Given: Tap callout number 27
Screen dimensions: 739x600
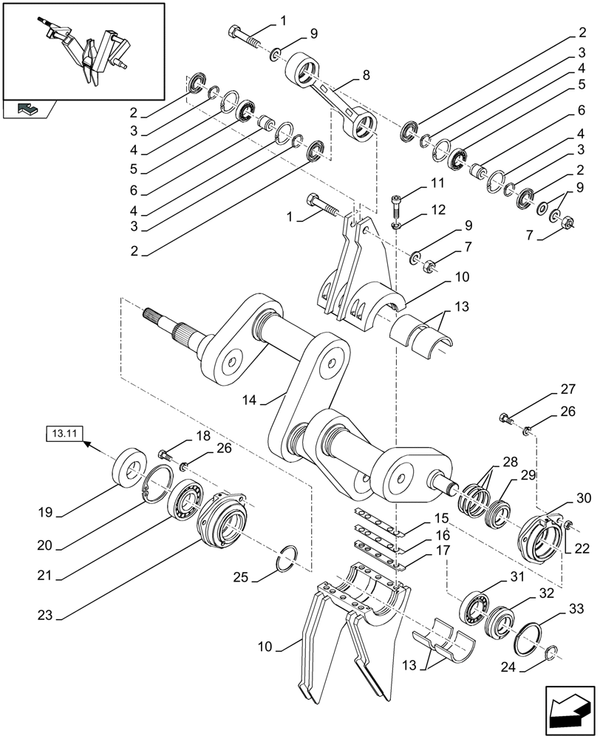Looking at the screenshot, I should point(567,389).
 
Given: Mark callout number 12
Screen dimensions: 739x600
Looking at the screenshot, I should point(437,210).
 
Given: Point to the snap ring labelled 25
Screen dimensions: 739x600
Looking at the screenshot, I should point(287,559).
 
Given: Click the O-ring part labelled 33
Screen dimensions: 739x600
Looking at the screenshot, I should point(532,636).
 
